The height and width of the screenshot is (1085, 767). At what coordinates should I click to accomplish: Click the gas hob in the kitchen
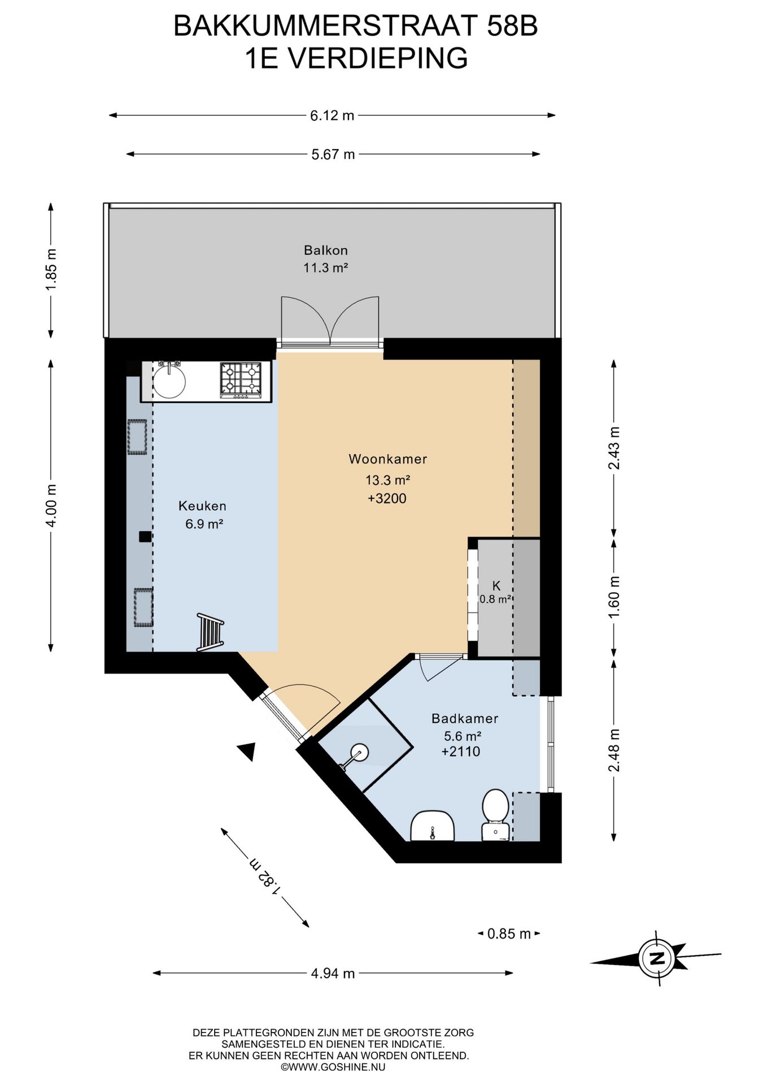pyautogui.click(x=241, y=379)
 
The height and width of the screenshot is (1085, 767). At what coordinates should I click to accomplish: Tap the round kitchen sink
pyautogui.click(x=169, y=381)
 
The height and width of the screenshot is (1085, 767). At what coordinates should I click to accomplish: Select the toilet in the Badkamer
pyautogui.click(x=495, y=814)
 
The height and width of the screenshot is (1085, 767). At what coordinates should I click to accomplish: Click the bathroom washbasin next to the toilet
pyautogui.click(x=432, y=826)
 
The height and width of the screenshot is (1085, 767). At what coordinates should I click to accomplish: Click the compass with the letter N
pyautogui.click(x=656, y=958)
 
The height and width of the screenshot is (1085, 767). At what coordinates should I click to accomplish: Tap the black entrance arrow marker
pyautogui.click(x=247, y=751)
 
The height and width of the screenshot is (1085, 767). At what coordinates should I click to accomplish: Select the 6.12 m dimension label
pyautogui.click(x=332, y=115)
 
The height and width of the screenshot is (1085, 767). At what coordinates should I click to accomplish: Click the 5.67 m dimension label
pyautogui.click(x=333, y=154)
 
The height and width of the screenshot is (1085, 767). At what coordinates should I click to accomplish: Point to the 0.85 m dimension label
pyautogui.click(x=509, y=934)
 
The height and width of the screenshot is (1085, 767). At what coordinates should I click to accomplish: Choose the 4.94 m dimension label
pyautogui.click(x=333, y=973)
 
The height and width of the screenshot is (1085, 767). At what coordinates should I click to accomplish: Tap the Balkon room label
pyautogui.click(x=325, y=250)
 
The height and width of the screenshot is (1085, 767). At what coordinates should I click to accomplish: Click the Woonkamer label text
pyautogui.click(x=387, y=459)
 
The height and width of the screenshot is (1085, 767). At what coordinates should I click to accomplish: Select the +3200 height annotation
pyautogui.click(x=387, y=498)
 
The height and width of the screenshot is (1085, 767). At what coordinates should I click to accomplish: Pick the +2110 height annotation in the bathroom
pyautogui.click(x=461, y=751)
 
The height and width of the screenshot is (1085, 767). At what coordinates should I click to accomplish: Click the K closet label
pyautogui.click(x=496, y=586)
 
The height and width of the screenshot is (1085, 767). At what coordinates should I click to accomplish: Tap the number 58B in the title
pyautogui.click(x=512, y=26)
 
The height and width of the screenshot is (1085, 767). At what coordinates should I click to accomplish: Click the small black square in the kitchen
pyautogui.click(x=145, y=537)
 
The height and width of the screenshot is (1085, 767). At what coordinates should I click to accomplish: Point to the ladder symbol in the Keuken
pyautogui.click(x=210, y=632)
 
